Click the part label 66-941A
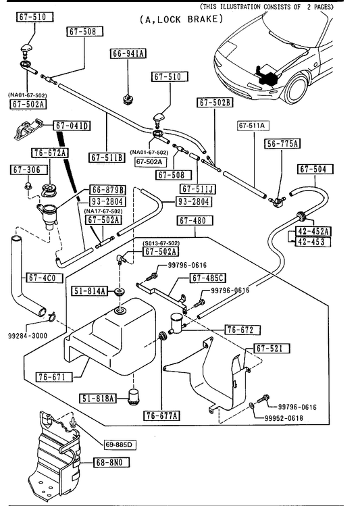pos(128,53)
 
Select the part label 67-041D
pos(72,126)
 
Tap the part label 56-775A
pos(282,144)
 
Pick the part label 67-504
pos(313,169)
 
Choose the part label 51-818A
pos(98,399)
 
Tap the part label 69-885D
pos(119,445)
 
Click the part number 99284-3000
pos(28,336)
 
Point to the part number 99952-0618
pos(284,418)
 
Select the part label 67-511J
pos(198,188)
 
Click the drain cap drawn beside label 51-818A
pos(133,398)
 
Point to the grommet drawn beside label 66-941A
pos(128,99)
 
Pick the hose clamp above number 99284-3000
pos(51,317)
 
